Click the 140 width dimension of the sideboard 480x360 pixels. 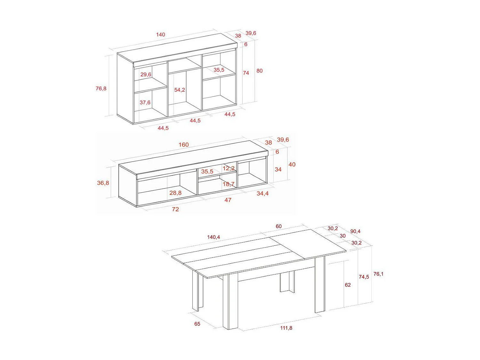click(x=161, y=35)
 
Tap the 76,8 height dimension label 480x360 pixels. click(x=101, y=88)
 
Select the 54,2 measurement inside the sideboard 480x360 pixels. click(x=180, y=90)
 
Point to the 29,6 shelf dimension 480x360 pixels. click(x=146, y=75)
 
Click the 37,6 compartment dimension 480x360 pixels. click(x=145, y=102)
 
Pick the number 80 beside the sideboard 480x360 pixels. click(x=260, y=71)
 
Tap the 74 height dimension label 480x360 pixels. click(x=246, y=73)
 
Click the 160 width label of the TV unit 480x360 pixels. click(x=184, y=145)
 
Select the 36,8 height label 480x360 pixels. click(x=103, y=183)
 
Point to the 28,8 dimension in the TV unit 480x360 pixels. click(x=175, y=193)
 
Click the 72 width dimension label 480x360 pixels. click(x=175, y=209)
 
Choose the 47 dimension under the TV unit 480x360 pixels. click(x=228, y=200)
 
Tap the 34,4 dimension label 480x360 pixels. click(x=262, y=193)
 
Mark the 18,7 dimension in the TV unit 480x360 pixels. click(x=228, y=184)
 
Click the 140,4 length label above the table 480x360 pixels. click(x=213, y=237)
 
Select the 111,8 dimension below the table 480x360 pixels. click(x=286, y=328)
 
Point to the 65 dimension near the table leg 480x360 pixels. click(x=197, y=324)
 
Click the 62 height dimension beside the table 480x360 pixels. click(x=348, y=285)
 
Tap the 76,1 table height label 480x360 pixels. click(x=378, y=274)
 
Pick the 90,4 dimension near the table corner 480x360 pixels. click(x=355, y=231)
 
